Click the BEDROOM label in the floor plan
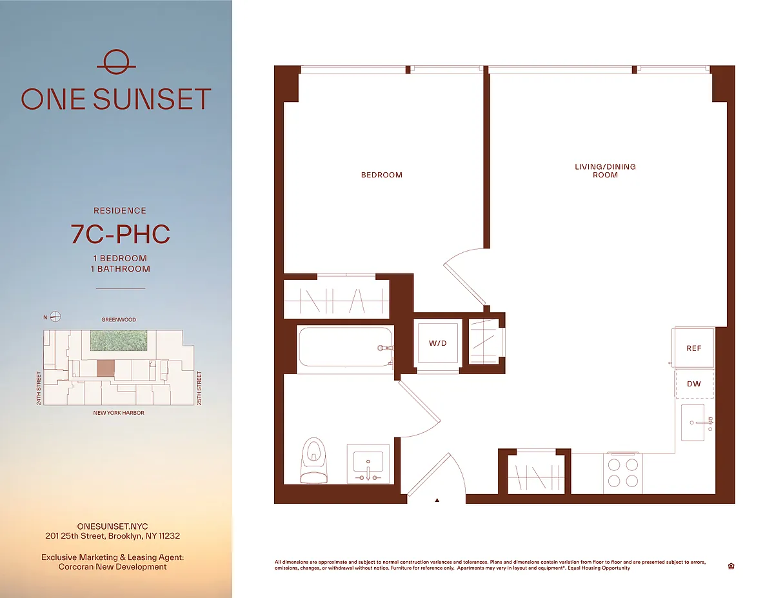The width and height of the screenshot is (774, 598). point(381,175)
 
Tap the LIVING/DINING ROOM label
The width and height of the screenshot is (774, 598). point(605,170)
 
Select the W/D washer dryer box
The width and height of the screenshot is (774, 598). point(438,343)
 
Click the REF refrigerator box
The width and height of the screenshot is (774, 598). point(693,348)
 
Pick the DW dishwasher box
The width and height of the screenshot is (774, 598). point(694,384)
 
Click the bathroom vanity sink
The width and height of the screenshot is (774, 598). point(368,464)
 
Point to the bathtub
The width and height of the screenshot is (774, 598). point(346,346)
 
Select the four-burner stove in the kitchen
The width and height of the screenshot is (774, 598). point(623,473)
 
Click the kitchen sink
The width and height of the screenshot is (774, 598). point(693,423)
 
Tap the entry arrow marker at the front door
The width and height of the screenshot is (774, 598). point(437,500)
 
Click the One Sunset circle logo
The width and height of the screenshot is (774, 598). point(116,62)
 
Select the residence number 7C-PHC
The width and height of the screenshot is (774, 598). point(121,234)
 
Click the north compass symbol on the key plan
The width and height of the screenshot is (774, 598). point(55,316)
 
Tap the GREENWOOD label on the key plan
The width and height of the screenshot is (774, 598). point(119,320)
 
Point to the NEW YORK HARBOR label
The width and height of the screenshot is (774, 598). point(119,413)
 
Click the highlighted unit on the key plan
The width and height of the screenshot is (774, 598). point(106,368)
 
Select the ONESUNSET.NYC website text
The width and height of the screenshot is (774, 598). point(113,526)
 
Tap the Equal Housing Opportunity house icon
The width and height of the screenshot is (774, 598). point(731,566)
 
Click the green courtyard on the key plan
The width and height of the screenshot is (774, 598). point(119,340)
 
